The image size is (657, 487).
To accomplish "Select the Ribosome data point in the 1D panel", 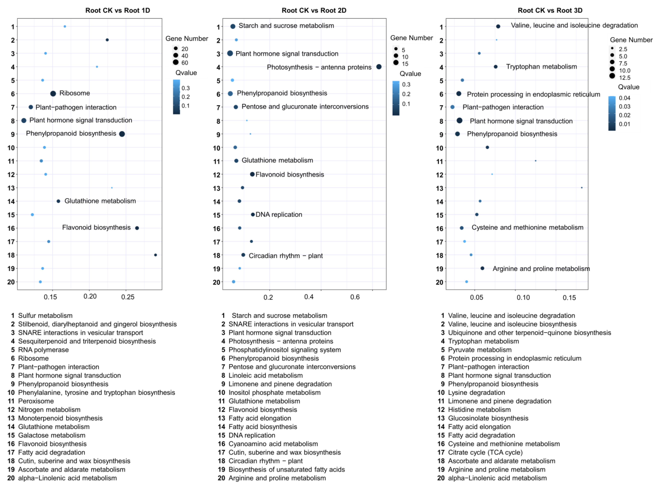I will (53, 93).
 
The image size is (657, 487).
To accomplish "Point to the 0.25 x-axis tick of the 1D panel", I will (128, 297).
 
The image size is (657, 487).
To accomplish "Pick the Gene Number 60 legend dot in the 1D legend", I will (176, 62).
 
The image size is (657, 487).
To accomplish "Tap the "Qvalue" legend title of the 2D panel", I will (410, 74).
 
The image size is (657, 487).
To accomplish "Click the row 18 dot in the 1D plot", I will (155, 255).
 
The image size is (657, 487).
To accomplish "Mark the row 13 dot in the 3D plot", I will (581, 187).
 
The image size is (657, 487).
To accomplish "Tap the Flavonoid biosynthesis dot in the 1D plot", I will (137, 228).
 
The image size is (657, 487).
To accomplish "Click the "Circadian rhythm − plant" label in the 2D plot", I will (285, 256).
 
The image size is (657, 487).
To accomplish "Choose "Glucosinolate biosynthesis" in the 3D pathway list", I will (488, 418).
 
